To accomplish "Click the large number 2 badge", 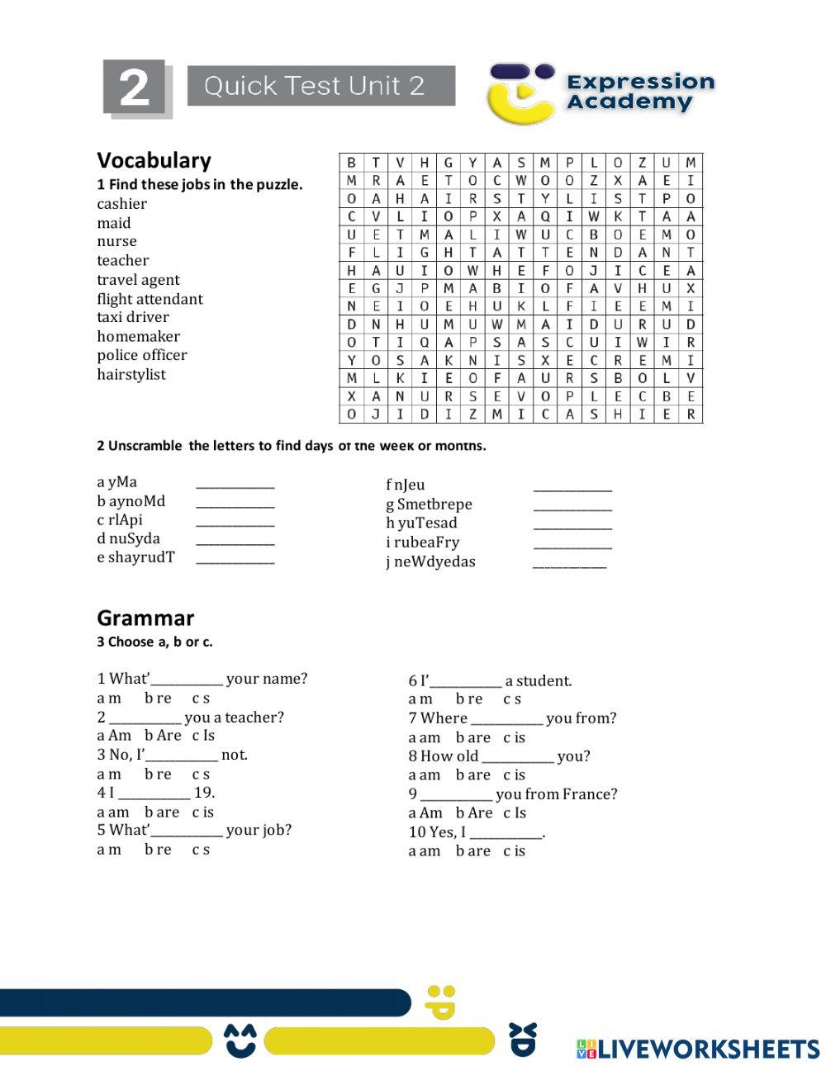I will coord(135,88).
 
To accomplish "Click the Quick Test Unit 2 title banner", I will coord(320,86).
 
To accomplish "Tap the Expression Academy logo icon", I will coord(520,92).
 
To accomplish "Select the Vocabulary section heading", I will coord(154,160).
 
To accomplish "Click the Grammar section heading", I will coord(145,618).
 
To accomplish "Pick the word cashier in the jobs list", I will coord(121,204).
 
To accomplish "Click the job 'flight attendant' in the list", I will coord(150,299).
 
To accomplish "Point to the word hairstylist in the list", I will coord(131,375).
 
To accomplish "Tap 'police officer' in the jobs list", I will coord(141,355).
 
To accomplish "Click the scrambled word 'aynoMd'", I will coord(137,501).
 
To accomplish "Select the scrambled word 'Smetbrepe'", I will coord(434,504).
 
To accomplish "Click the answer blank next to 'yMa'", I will coord(235,484).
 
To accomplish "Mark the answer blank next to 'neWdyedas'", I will coord(569,564).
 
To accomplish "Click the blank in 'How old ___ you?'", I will coord(517,757).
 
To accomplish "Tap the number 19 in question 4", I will coord(204,793).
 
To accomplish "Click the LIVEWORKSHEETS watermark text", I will coord(708,1049).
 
